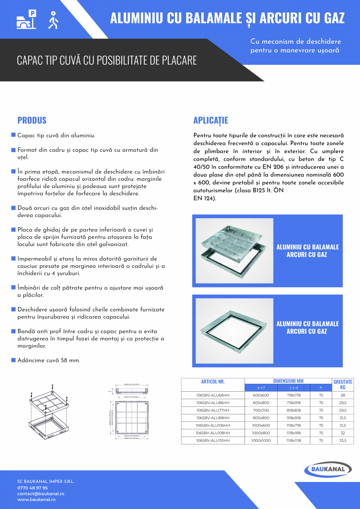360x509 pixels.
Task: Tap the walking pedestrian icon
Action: (53, 20)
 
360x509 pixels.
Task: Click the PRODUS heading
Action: (32, 120)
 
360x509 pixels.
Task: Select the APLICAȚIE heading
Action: (211, 120)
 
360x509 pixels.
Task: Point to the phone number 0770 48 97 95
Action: (32, 488)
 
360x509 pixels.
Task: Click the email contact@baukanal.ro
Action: (41, 494)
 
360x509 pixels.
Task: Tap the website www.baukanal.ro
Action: (36, 500)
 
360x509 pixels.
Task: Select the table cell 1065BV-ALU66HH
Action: (213, 396)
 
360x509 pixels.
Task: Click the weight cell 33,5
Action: (343, 440)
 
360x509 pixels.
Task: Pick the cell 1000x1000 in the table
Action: (261, 440)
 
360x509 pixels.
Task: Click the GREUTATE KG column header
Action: (343, 385)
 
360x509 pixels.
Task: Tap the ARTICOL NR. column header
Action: (213, 381)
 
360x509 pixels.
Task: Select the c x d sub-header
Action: (293, 388)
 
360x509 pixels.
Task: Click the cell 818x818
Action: (293, 410)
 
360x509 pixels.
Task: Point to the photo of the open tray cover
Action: (234, 250)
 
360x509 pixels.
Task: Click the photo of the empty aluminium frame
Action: (234, 327)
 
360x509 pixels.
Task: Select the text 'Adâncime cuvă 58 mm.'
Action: (49, 360)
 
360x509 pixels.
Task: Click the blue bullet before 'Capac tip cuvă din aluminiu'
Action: (13, 135)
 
